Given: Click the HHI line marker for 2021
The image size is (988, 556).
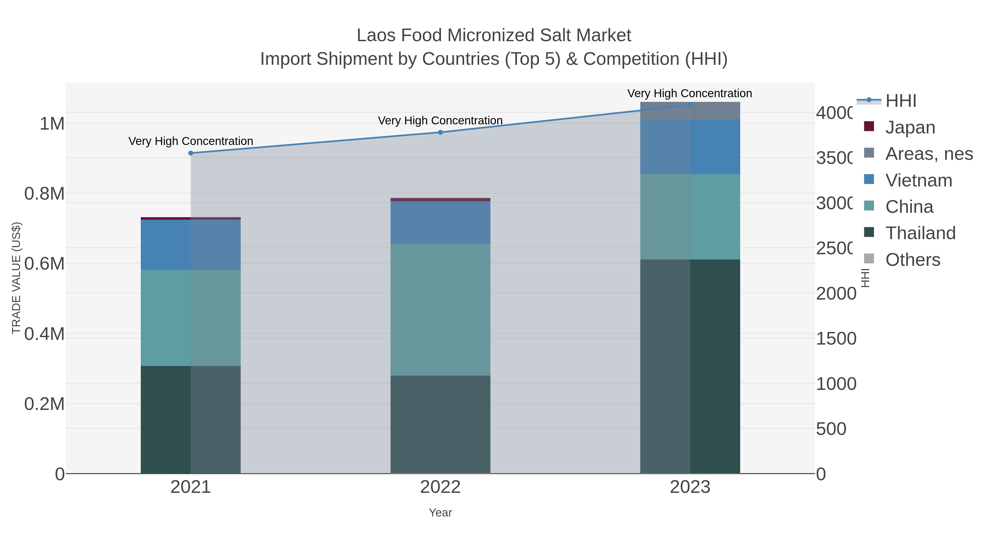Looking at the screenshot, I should (191, 153).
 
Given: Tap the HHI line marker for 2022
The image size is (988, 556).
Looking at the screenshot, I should (440, 132).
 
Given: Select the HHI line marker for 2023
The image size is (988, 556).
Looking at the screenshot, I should (690, 105).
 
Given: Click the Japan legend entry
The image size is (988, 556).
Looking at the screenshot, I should (910, 127).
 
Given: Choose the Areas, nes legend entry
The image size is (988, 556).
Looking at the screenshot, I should (928, 154).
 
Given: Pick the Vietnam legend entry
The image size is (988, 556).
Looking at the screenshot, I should (918, 180).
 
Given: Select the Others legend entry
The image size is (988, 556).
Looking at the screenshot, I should (913, 260).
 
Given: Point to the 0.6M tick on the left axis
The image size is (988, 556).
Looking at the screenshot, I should (44, 264).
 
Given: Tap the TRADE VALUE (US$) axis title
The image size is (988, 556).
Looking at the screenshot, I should (16, 278).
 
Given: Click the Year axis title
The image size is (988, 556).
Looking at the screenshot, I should (440, 513).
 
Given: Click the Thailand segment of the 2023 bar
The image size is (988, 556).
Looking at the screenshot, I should (690, 367).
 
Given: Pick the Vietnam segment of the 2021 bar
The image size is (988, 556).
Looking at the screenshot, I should (191, 245).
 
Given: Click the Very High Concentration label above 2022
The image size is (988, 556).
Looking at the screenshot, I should (440, 121).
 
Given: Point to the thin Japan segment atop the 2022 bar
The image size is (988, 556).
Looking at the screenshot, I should (440, 200).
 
